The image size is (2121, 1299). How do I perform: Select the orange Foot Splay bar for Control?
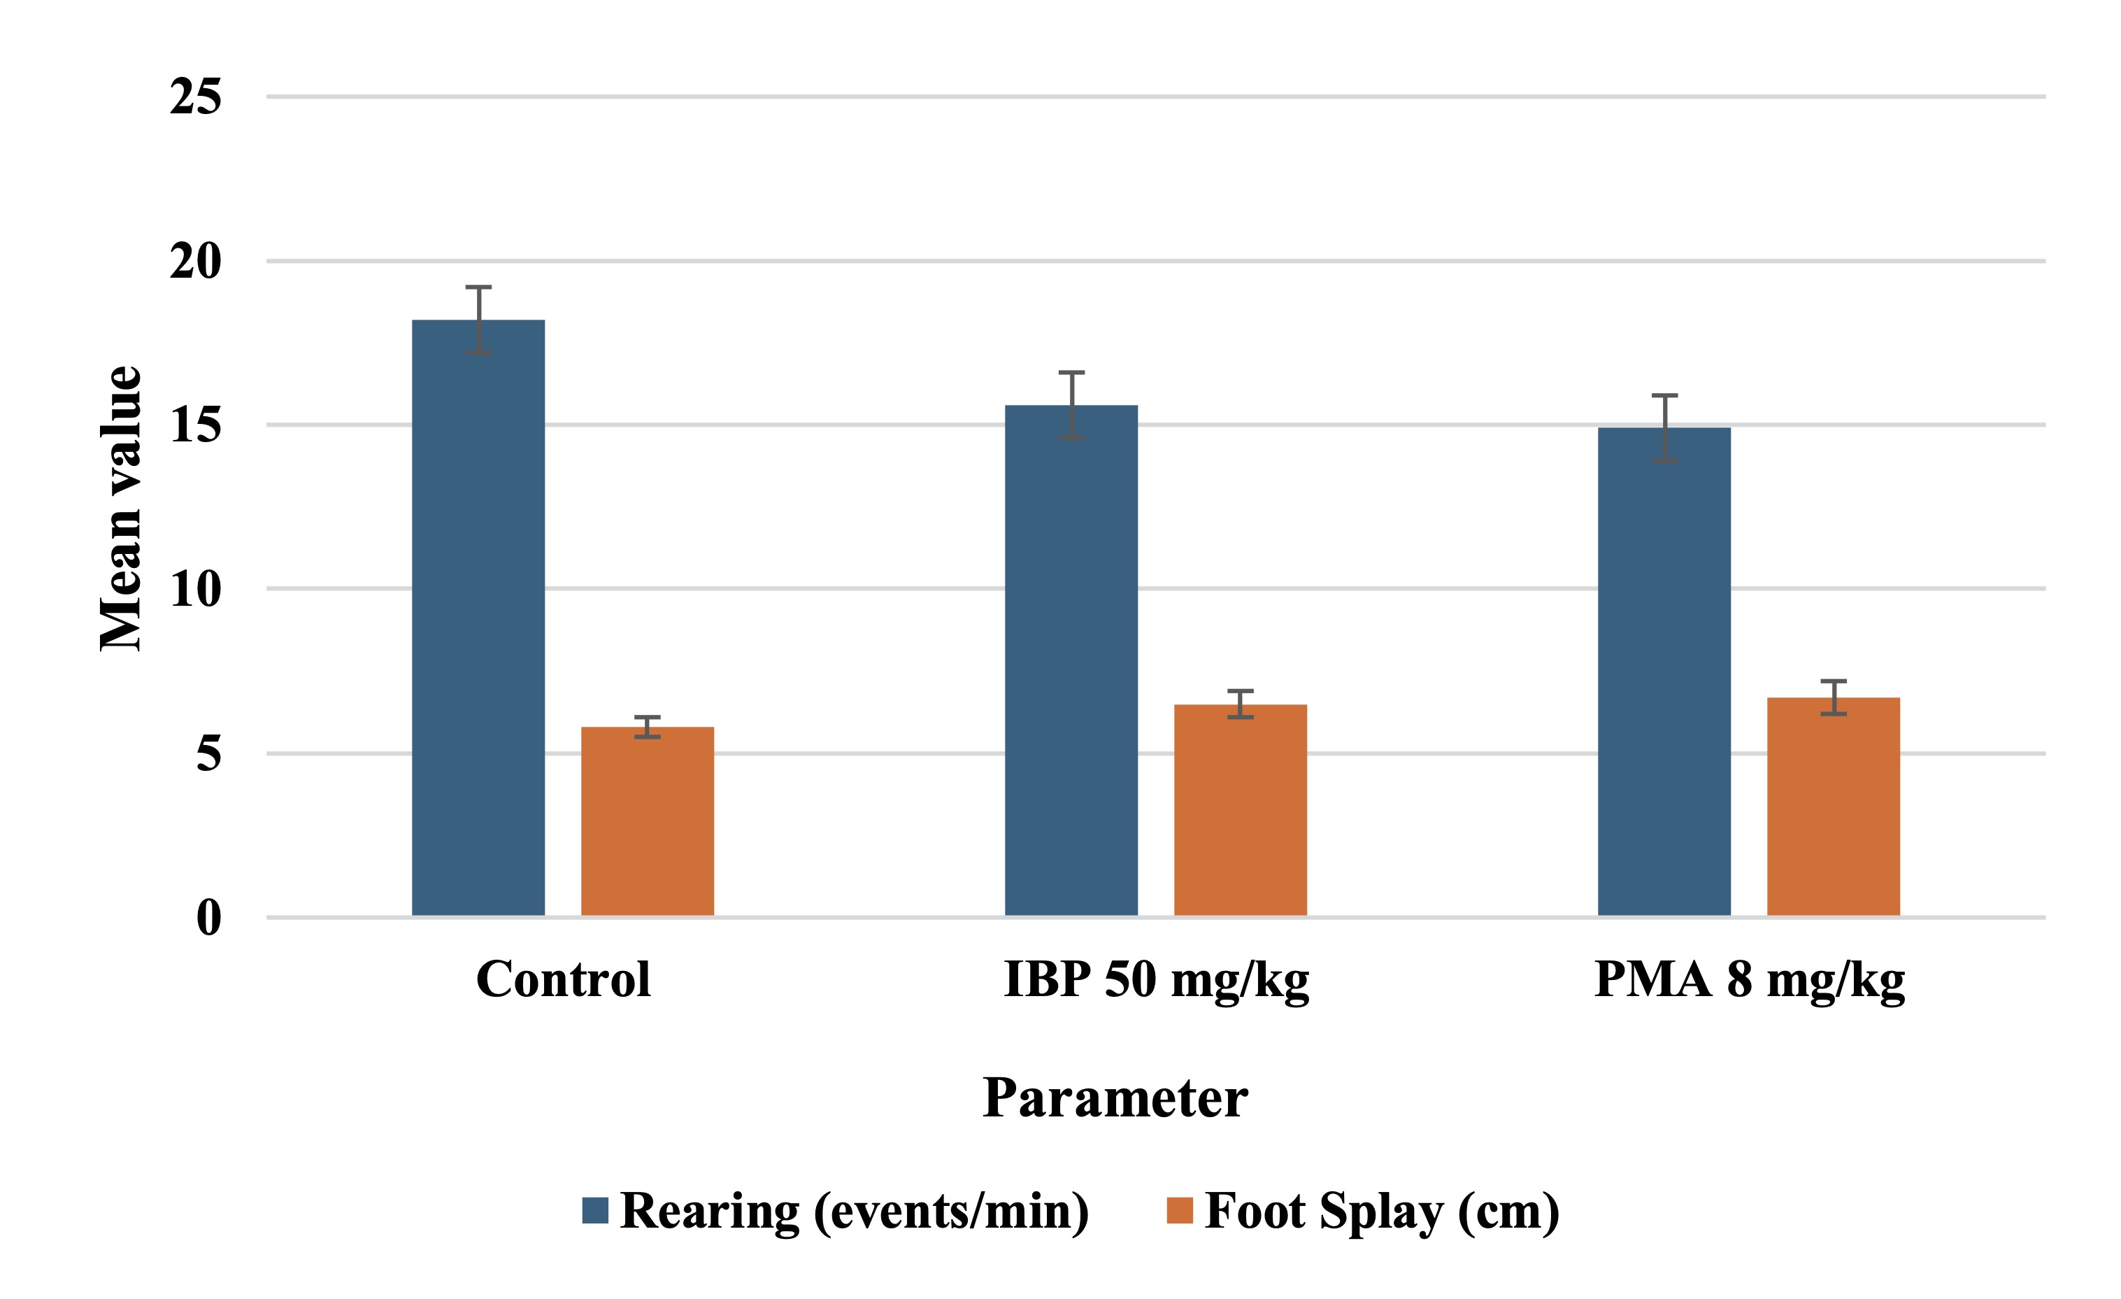point(648,821)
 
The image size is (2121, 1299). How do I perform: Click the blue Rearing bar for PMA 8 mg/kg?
point(1664,672)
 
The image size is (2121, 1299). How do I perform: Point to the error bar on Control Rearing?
point(478,320)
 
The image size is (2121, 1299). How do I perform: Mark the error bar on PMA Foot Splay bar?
point(1834,697)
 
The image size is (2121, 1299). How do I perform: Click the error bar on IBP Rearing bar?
point(1072,406)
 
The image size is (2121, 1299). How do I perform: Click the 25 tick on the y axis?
point(195,97)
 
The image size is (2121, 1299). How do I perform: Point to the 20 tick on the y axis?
point(195,261)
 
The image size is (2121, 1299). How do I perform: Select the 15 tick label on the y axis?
point(195,425)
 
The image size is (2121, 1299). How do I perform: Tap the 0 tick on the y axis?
point(208,918)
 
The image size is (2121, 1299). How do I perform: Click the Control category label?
point(563,979)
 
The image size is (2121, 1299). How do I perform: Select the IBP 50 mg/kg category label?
point(1156,979)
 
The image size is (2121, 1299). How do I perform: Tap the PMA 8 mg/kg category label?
point(1749,979)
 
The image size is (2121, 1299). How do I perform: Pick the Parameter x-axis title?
point(1115,1098)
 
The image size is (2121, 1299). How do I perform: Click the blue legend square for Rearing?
point(595,1210)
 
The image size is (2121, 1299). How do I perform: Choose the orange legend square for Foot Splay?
point(1179,1210)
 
